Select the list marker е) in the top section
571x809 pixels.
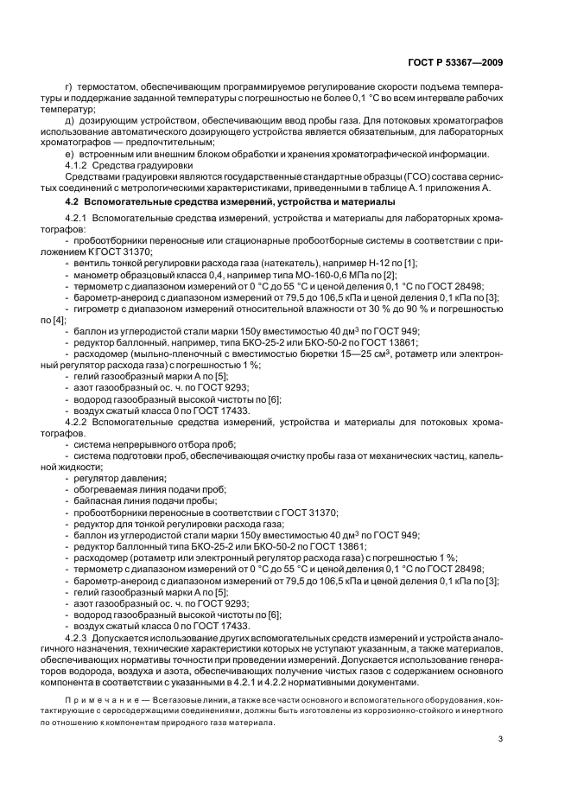(x=70, y=153)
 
